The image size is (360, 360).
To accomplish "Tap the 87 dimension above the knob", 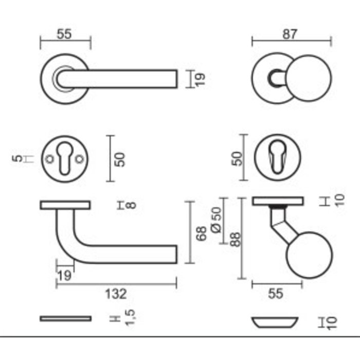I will coord(291,34).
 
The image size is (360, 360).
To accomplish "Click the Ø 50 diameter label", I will coord(217,219).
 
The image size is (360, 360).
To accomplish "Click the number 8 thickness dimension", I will coord(131,206).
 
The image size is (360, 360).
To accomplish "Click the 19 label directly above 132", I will coord(65,276).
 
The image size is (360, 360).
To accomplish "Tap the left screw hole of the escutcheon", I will coord(50,159).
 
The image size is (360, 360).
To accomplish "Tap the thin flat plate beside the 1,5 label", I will coord(65,319).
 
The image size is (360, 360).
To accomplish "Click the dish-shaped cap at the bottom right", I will coord(276,322).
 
